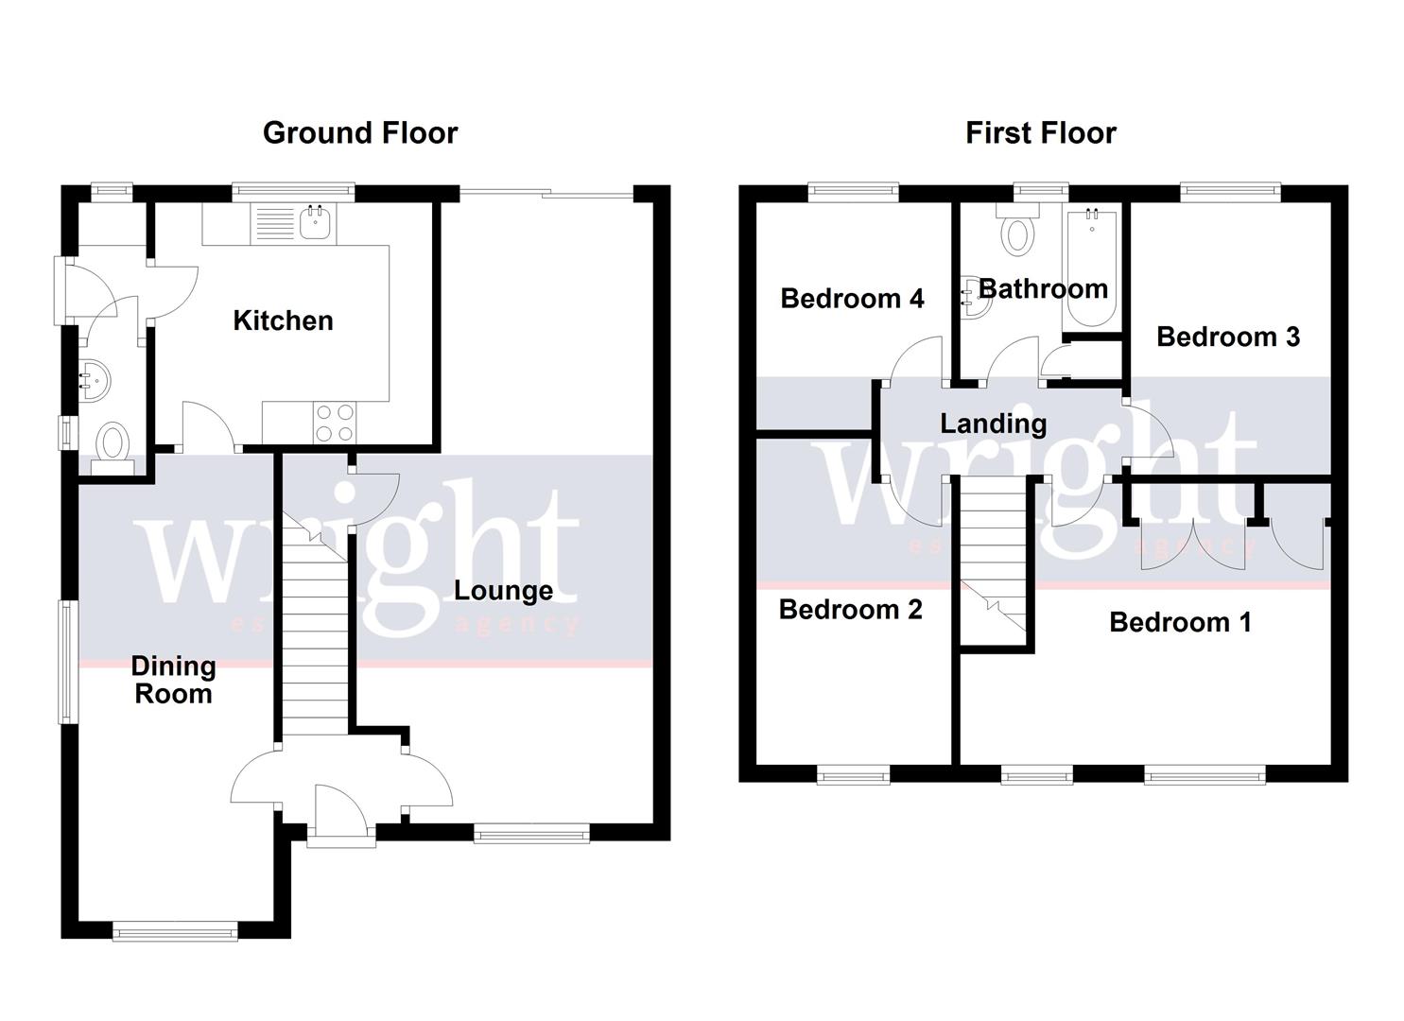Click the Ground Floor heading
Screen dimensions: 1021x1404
point(359,132)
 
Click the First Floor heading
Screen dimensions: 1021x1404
point(1040,132)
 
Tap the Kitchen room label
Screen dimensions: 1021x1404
point(283,320)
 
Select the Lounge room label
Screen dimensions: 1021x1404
point(503,591)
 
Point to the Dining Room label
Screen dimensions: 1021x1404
point(173,680)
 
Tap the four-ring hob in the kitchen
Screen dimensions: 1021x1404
point(334,423)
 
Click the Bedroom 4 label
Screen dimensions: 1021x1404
point(851,299)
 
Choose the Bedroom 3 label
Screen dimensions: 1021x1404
point(1227,337)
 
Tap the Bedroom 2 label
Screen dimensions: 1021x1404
point(850,610)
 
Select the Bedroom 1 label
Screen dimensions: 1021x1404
point(1179,622)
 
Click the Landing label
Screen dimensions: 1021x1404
point(993,424)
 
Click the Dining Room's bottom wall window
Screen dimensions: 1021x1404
point(175,932)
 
